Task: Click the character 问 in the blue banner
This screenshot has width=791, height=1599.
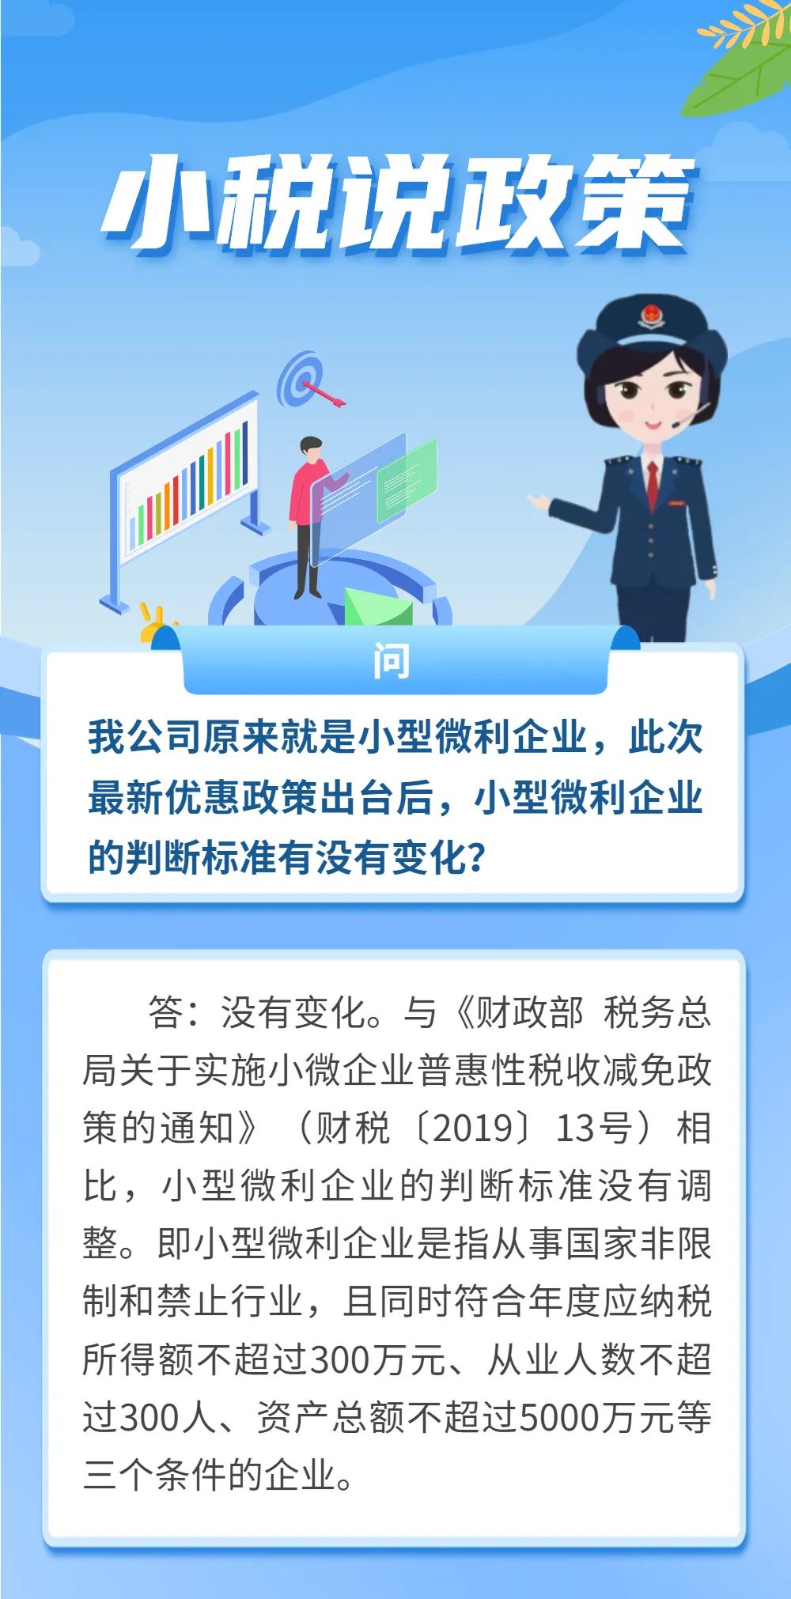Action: (392, 661)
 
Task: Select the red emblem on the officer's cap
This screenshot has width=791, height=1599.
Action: (649, 317)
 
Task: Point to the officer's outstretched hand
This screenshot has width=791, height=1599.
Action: (541, 501)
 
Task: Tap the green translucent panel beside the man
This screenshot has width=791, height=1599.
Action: (407, 479)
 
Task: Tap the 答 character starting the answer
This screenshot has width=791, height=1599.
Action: (165, 1013)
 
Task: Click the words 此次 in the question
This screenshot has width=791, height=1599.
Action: (665, 737)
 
